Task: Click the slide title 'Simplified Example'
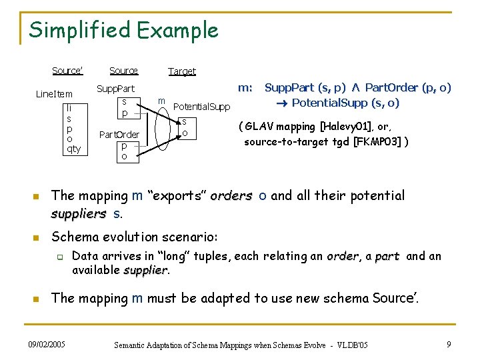click(124, 30)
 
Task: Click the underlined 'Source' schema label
click(123, 71)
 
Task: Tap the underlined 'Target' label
click(182, 71)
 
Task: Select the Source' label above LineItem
click(67, 71)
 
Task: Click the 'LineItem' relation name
click(54, 94)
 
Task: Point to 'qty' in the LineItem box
click(73, 149)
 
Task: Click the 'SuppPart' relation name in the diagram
click(116, 89)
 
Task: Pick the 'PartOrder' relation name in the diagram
click(119, 135)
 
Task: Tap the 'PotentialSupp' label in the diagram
click(201, 107)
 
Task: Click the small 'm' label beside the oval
click(161, 101)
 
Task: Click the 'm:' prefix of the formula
click(245, 87)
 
